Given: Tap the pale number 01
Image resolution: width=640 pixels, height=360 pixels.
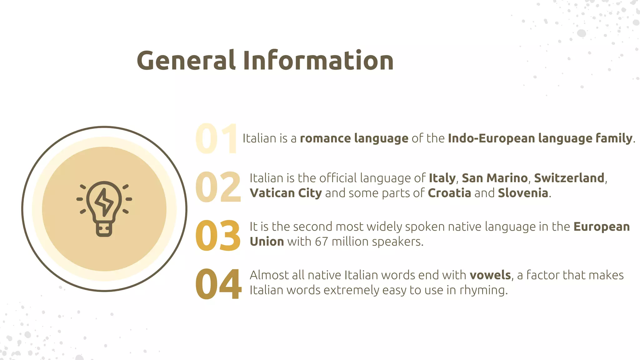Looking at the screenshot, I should tap(216, 139).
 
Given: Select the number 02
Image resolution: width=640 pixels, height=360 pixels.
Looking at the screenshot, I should tap(218, 187).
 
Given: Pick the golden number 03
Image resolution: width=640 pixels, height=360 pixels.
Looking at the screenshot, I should tap(218, 236).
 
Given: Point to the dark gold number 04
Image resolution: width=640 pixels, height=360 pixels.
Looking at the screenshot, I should tap(218, 284).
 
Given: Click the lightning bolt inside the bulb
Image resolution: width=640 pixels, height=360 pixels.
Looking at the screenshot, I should tap(104, 202).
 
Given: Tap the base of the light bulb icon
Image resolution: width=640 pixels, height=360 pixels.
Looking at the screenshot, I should tap(104, 230).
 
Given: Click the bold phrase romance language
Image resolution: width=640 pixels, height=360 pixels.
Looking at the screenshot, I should tap(354, 138).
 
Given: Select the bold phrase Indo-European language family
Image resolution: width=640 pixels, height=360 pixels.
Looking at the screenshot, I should tap(540, 138).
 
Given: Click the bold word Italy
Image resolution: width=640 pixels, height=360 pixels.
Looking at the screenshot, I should tap(442, 178).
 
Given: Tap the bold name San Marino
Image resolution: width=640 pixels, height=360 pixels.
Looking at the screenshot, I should tap(495, 178).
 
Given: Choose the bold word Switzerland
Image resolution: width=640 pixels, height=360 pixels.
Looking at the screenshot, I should tap(569, 178).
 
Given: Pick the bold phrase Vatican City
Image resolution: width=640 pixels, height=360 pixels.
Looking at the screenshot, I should tap(286, 193).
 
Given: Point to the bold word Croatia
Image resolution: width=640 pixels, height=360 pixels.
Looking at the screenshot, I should tap(449, 193).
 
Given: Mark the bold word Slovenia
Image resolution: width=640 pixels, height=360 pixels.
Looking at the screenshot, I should tap(523, 193).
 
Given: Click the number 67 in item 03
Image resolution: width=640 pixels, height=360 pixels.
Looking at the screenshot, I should tap(321, 242).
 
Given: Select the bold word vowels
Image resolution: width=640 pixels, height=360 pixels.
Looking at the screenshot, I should tap(490, 275).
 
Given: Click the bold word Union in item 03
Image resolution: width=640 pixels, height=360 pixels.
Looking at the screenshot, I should tap(267, 242).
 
